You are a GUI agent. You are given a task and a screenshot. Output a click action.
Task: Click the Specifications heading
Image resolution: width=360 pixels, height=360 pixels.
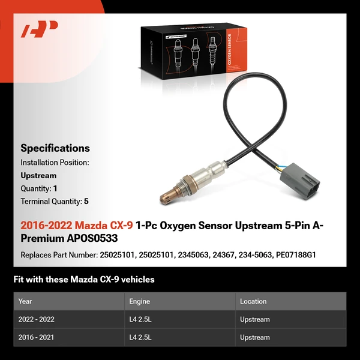click(55, 148)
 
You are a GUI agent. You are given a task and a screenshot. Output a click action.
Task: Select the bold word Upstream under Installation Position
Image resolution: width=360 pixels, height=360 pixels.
click(38, 176)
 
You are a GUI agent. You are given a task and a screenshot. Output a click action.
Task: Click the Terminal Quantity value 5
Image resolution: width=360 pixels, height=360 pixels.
click(86, 202)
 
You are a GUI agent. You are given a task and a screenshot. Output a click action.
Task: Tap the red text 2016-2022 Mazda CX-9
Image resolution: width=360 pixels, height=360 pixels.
click(77, 226)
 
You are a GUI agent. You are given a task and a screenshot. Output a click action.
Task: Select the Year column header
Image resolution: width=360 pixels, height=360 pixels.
click(25, 301)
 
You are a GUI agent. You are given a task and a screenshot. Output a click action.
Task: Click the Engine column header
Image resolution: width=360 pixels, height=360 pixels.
click(139, 301)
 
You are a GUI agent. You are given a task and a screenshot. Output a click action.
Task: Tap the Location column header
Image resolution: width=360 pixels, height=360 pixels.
click(253, 301)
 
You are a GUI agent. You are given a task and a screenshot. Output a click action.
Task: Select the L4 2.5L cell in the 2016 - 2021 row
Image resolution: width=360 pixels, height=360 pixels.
click(141, 337)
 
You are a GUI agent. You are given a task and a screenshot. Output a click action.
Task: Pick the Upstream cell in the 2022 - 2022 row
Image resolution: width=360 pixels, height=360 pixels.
click(255, 319)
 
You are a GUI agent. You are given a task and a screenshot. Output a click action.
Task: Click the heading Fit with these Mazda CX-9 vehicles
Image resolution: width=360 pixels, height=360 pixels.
click(84, 279)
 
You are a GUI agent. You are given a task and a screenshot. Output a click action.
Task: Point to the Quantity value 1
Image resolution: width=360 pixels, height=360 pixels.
click(55, 188)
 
